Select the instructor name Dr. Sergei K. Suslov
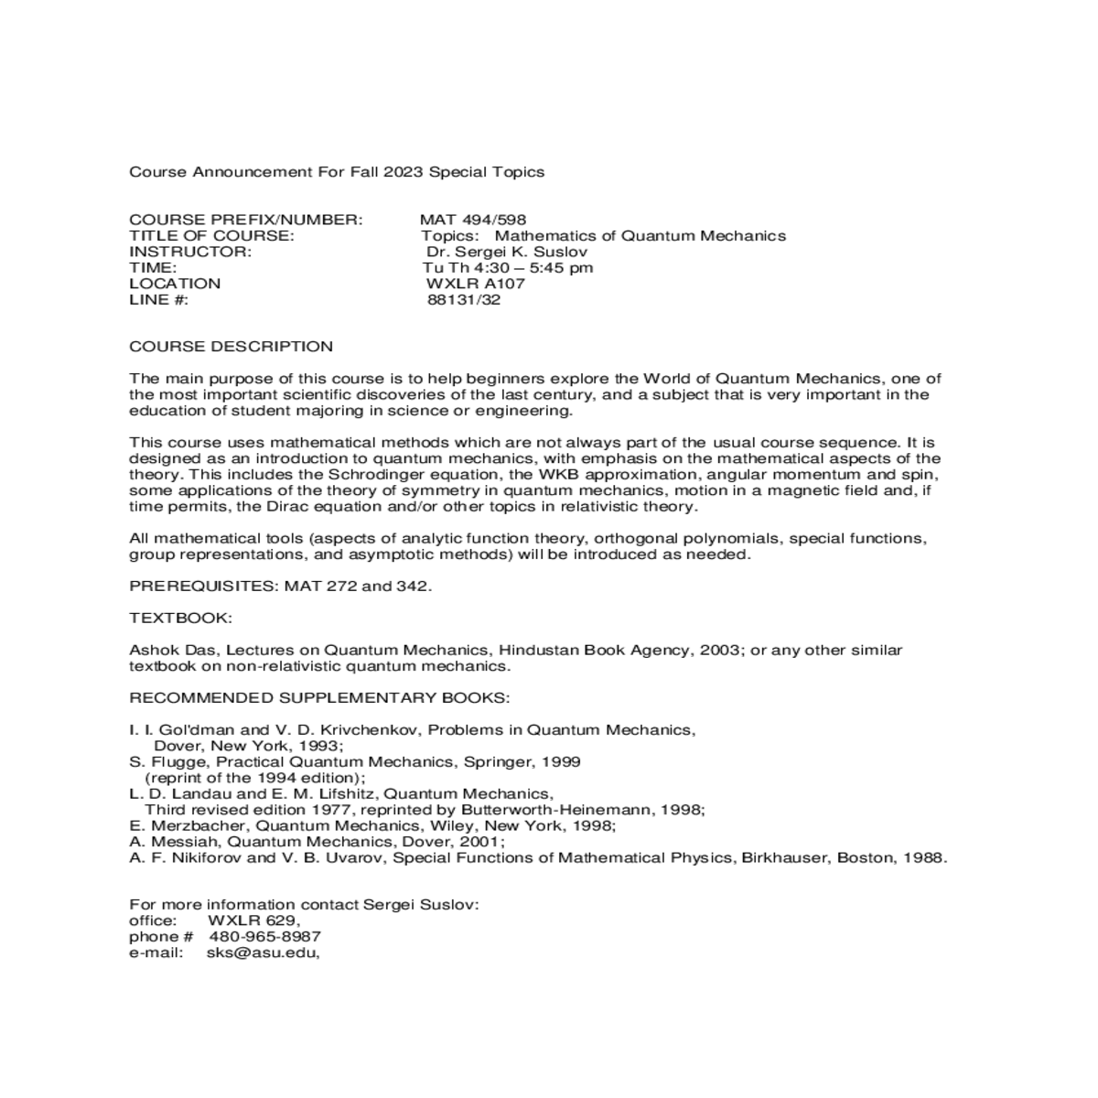[507, 252]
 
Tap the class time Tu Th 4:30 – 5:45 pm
[508, 267]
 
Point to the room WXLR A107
[476, 284]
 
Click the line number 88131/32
[464, 299]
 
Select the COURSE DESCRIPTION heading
[231, 347]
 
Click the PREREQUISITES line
[280, 586]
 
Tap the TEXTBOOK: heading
[180, 618]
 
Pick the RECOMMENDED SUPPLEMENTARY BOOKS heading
[319, 698]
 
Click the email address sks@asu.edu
[263, 953]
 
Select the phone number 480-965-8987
[265, 937]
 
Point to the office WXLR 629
[253, 920]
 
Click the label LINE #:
[159, 299]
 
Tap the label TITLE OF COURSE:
[211, 236]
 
